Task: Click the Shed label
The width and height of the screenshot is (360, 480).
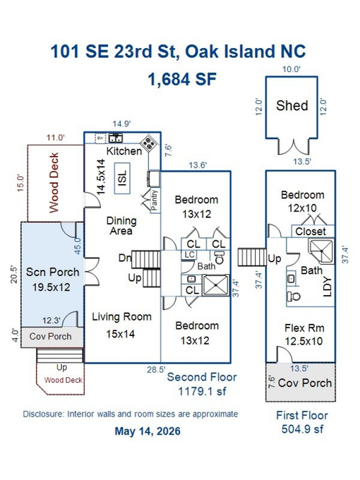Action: [292, 106]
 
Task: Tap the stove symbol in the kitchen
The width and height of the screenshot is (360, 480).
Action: [149, 143]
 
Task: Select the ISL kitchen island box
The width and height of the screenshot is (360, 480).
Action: [122, 178]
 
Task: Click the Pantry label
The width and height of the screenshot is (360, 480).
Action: [154, 199]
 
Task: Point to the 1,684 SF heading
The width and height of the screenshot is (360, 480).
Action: [182, 79]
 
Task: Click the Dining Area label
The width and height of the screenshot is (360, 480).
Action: [122, 226]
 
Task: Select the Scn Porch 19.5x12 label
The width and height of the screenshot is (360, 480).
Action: [52, 279]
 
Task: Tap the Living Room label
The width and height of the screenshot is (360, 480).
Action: [122, 317]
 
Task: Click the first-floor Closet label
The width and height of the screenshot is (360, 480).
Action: [310, 232]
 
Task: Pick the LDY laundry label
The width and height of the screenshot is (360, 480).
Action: [328, 287]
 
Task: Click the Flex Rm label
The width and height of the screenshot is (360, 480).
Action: [305, 328]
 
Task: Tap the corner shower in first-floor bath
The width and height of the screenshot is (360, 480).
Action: [321, 251]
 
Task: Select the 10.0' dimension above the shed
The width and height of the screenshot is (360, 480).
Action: [291, 69]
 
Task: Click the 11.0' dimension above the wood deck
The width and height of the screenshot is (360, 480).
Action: [55, 137]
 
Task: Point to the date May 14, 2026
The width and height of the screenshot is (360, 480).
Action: [148, 431]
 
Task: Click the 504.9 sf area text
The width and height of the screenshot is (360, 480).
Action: [302, 429]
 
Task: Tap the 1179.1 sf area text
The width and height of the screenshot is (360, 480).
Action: [202, 391]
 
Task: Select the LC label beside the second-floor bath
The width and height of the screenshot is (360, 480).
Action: [189, 255]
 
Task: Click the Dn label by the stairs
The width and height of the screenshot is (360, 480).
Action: [125, 258]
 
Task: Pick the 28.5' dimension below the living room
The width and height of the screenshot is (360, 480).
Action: [156, 370]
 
